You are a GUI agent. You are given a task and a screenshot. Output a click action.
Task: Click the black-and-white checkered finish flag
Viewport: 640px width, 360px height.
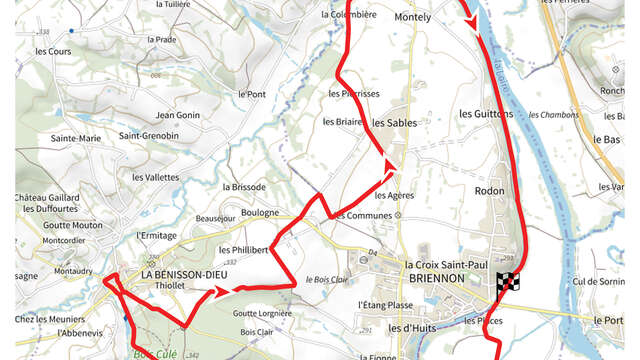(x=508, y=283)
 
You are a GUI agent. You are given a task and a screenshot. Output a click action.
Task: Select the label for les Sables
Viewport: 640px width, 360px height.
(x=393, y=123)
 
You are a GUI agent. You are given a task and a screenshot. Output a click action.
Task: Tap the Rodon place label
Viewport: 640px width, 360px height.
(x=489, y=190)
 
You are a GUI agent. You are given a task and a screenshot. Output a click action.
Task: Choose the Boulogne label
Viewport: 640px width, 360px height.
(x=260, y=212)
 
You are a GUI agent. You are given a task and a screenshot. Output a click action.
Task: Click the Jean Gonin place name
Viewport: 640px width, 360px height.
(x=178, y=115)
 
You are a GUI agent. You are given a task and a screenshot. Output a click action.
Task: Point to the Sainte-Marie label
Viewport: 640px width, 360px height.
(x=76, y=137)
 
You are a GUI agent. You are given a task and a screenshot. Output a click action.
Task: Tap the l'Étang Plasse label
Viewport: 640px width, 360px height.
(x=385, y=304)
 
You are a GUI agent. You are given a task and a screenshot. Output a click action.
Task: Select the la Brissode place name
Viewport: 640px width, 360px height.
(x=244, y=187)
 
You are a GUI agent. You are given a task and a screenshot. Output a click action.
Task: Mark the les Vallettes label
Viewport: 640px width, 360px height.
(x=154, y=176)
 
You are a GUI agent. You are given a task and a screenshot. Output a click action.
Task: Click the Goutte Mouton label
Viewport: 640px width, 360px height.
(x=73, y=225)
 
